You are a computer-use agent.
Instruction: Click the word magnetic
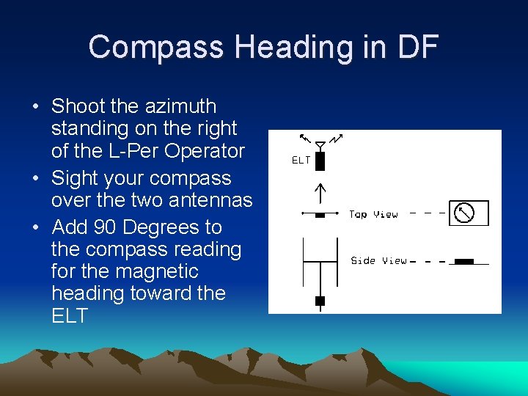(160, 271)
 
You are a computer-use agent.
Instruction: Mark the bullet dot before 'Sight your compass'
(36, 179)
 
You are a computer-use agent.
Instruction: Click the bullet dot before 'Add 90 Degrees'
(36, 228)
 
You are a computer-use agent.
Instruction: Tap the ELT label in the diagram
(301, 160)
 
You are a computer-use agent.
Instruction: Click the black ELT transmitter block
(320, 161)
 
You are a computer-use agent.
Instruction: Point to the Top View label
(373, 214)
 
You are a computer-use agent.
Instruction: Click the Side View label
(378, 260)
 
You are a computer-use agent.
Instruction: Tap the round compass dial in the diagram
(463, 213)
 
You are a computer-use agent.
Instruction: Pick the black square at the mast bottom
(320, 301)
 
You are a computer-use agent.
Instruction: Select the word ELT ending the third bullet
(70, 316)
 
